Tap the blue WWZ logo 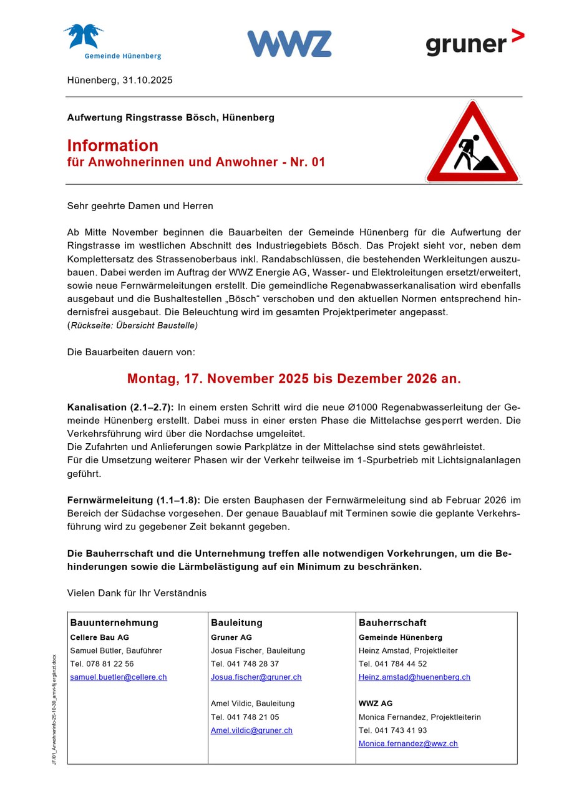tap(289, 44)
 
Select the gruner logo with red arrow tap(474, 43)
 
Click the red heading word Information tap(113, 145)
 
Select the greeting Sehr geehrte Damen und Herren tap(140, 205)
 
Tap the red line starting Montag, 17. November tap(294, 379)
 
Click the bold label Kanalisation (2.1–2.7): tap(120, 408)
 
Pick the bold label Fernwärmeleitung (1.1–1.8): tap(134, 501)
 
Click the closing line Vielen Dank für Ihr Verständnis tap(137, 593)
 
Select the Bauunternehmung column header tap(114, 623)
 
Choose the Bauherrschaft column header tap(392, 623)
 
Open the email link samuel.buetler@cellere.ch tap(119, 677)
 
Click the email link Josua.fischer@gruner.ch tap(256, 677)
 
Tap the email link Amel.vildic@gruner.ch tap(251, 730)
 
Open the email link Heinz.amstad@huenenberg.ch tap(414, 677)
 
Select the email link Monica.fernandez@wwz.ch tap(408, 744)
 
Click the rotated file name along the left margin tap(54, 709)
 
